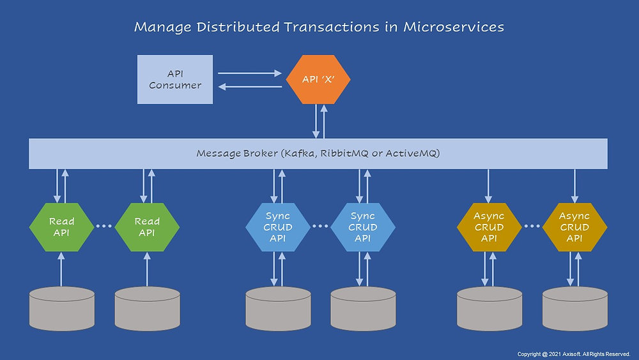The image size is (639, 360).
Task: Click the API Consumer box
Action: point(175,79)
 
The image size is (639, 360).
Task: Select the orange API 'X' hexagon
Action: point(318,80)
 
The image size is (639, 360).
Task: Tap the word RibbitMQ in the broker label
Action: point(354,153)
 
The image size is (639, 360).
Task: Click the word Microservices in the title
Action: point(454,27)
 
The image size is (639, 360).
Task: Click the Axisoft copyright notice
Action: point(573,354)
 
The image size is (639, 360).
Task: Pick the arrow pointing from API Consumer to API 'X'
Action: point(249,74)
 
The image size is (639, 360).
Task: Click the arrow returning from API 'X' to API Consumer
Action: point(249,88)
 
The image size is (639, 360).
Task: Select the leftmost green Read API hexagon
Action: point(61,227)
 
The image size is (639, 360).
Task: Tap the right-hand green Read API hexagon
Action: point(147,227)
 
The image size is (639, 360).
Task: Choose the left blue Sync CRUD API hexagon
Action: point(278,227)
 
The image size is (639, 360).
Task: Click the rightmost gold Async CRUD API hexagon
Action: point(574,227)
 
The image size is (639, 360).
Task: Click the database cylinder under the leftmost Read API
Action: point(62,308)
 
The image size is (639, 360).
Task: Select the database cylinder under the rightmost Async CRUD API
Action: point(574,308)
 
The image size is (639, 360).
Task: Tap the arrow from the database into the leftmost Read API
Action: point(61,269)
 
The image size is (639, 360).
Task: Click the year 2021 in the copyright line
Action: point(551,354)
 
